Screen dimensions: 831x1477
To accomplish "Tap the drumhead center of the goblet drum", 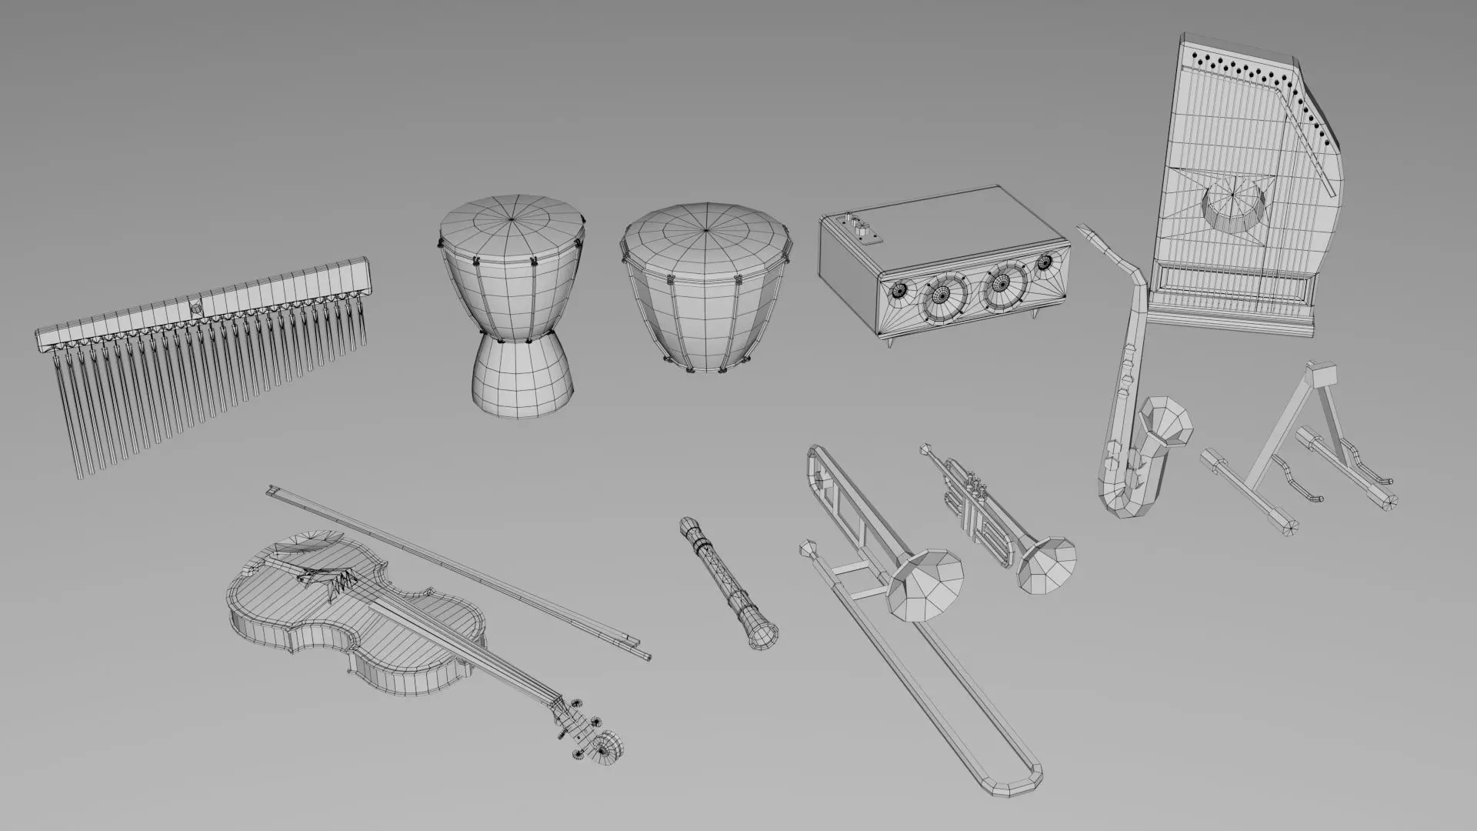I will (512, 219).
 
